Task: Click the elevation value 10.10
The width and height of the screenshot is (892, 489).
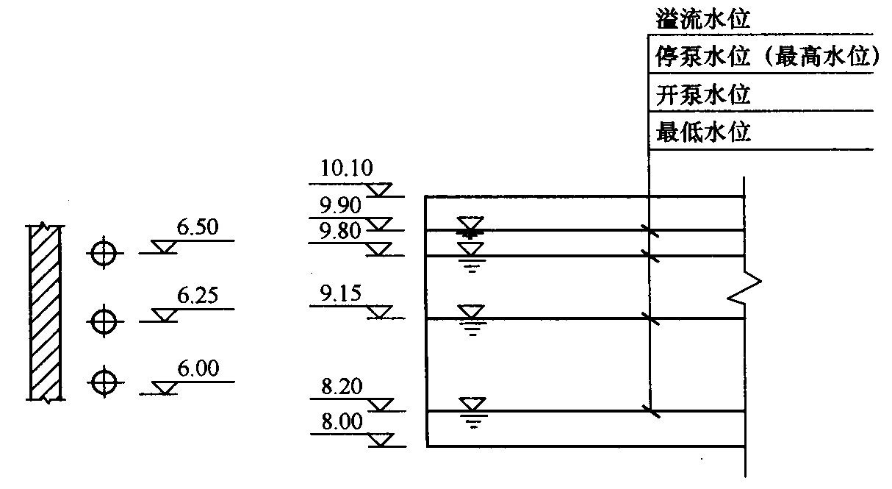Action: pyautogui.click(x=346, y=169)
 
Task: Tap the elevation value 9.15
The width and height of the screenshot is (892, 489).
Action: pyautogui.click(x=339, y=295)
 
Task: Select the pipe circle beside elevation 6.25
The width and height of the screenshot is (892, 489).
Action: pyautogui.click(x=103, y=321)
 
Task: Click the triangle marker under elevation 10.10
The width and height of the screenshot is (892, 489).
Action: pyautogui.click(x=379, y=191)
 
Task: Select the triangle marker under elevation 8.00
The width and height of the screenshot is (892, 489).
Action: pyautogui.click(x=380, y=440)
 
